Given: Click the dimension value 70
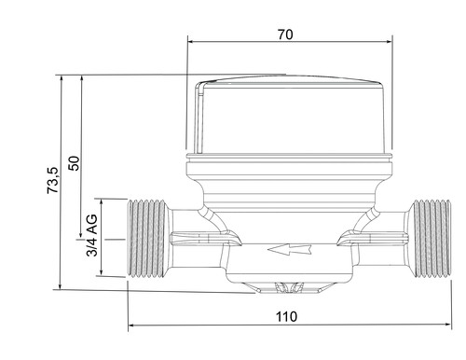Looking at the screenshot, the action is pyautogui.click(x=285, y=35).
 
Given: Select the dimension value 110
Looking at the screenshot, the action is pyautogui.click(x=286, y=317).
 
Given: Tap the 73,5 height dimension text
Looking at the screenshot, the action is pyautogui.click(x=52, y=181).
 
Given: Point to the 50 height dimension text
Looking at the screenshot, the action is pyautogui.click(x=75, y=163).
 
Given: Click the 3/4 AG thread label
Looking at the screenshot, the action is pyautogui.click(x=92, y=235).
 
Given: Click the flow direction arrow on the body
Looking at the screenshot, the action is pyautogui.click(x=289, y=249).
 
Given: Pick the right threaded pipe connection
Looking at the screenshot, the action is pyautogui.click(x=430, y=239).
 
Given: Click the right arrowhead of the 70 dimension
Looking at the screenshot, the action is pyautogui.click(x=388, y=42).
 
